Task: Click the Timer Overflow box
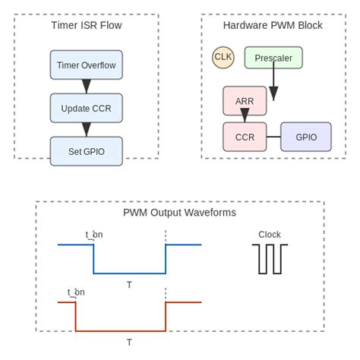(x=86, y=65)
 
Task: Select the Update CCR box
(x=86, y=108)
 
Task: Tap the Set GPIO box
(x=86, y=151)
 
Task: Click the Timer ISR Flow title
(x=86, y=25)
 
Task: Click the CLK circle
(x=223, y=57)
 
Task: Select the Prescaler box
(x=273, y=58)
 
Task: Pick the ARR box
(x=245, y=101)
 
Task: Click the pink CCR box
(x=245, y=137)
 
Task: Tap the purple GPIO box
(x=306, y=137)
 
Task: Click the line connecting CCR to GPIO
(x=273, y=137)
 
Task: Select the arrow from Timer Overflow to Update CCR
(x=86, y=86)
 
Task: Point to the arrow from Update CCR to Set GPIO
(x=86, y=129)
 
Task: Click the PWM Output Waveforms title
(x=179, y=213)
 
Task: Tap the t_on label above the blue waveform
(x=93, y=235)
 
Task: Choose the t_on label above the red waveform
(x=76, y=292)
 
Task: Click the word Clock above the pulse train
(x=270, y=235)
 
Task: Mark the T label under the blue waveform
(x=129, y=285)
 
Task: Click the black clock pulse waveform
(x=270, y=259)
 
